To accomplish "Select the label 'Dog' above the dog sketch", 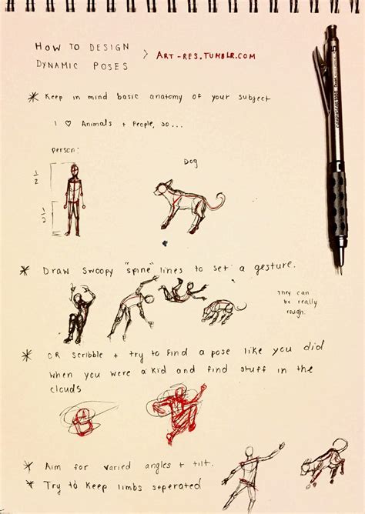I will click(x=191, y=162).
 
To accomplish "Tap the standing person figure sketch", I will click(x=74, y=199).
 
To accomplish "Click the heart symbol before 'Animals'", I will click(x=70, y=123).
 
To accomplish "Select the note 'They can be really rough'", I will click(x=294, y=302).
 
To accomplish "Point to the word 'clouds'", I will click(x=66, y=389).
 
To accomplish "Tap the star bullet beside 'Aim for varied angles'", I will click(x=28, y=466).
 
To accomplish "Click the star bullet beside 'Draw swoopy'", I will click(x=25, y=270).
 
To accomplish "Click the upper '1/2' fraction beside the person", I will click(x=36, y=179).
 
